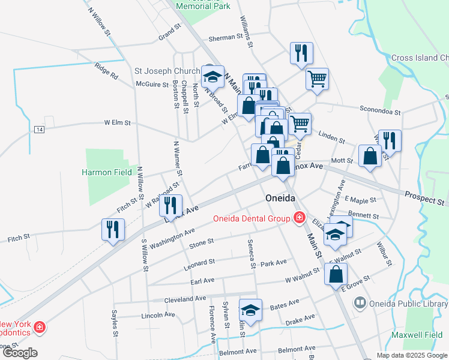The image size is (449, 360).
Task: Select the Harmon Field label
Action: (107, 172)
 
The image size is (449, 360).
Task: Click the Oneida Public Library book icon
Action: (360, 302)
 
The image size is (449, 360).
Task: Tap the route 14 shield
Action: (40, 130)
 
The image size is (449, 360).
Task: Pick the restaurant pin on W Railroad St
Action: (171, 206)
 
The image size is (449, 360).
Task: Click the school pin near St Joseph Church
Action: (212, 77)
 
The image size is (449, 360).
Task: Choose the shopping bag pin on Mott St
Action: (370, 156)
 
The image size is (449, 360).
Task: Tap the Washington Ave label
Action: (173, 238)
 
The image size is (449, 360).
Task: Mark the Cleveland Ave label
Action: (185, 299)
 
